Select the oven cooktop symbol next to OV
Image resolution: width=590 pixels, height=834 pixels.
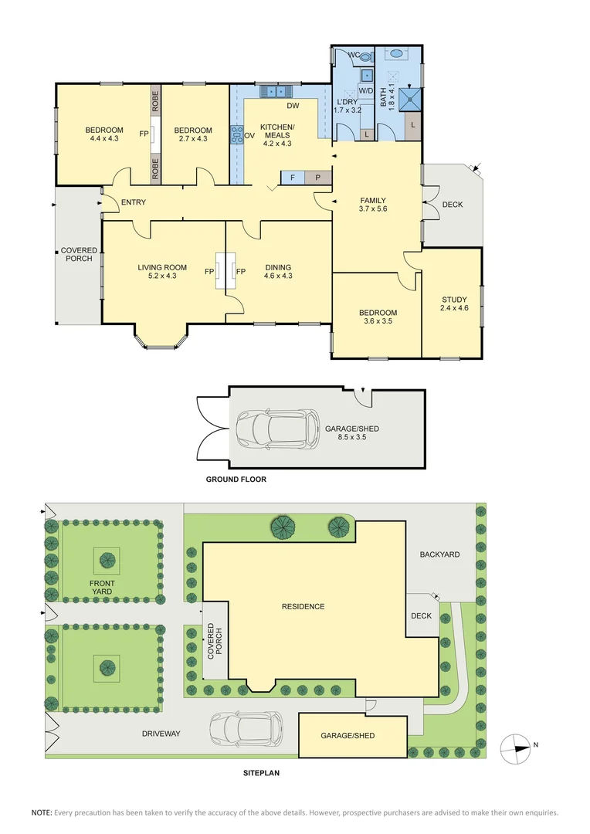(x=236, y=135)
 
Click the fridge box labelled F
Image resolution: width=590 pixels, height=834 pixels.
(x=293, y=178)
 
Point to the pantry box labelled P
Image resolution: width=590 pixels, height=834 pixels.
(x=318, y=178)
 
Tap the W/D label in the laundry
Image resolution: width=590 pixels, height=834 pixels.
(x=366, y=91)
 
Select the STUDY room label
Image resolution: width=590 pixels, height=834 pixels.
(x=454, y=300)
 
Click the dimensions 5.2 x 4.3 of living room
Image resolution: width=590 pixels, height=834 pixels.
(x=162, y=276)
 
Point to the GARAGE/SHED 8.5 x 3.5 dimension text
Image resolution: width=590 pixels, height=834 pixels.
(x=352, y=437)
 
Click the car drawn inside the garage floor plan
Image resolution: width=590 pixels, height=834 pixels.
(x=278, y=429)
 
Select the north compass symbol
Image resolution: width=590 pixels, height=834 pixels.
(x=516, y=748)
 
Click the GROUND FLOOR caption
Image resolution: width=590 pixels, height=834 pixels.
(x=236, y=480)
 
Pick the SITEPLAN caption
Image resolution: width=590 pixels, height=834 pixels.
(x=261, y=773)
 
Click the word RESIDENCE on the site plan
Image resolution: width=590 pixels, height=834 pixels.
(x=303, y=606)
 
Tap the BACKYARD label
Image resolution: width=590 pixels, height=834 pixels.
(x=439, y=554)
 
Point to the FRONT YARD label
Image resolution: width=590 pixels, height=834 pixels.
(x=102, y=587)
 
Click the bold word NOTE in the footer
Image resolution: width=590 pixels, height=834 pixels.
(x=42, y=812)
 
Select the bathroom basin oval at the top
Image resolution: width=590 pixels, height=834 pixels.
(x=397, y=54)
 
